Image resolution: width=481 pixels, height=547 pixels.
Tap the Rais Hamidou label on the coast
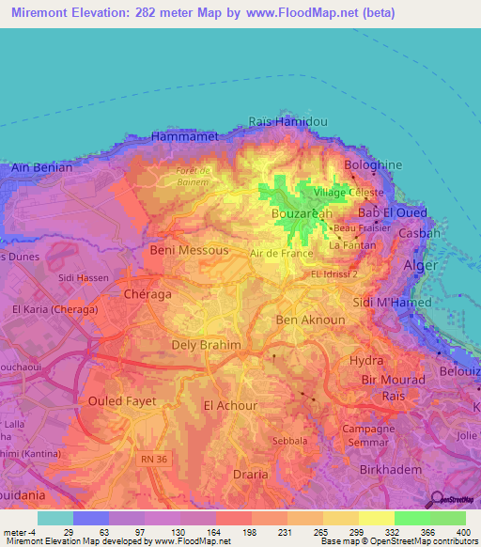point(288,122)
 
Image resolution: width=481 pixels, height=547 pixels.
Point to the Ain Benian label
point(37,167)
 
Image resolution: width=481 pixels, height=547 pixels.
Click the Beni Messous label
point(189,251)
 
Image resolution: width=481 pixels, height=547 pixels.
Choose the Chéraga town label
point(147,294)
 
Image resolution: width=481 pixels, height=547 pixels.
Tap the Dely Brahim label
point(207,345)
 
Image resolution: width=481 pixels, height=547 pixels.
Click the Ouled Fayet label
point(122,400)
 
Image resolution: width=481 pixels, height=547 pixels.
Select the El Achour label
point(231,405)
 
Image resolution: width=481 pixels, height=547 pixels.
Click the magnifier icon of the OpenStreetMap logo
point(435,498)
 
